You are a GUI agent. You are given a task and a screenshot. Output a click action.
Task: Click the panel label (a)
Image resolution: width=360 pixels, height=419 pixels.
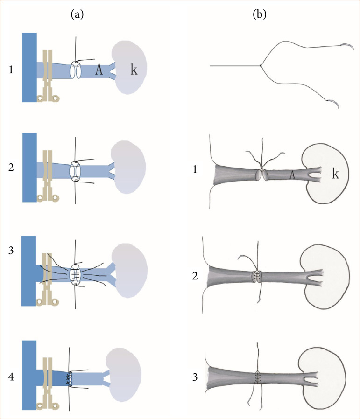[x=78, y=15]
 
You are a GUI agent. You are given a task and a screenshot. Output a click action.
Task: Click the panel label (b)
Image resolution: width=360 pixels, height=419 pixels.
[x=259, y=15]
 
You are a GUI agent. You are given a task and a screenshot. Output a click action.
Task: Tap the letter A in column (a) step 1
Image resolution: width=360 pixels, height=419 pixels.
[x=99, y=70]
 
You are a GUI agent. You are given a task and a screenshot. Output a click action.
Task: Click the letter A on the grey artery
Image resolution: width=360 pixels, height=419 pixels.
[x=292, y=175]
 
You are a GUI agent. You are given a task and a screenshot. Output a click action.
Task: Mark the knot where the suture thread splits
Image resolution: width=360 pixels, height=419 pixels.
[x=261, y=66]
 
